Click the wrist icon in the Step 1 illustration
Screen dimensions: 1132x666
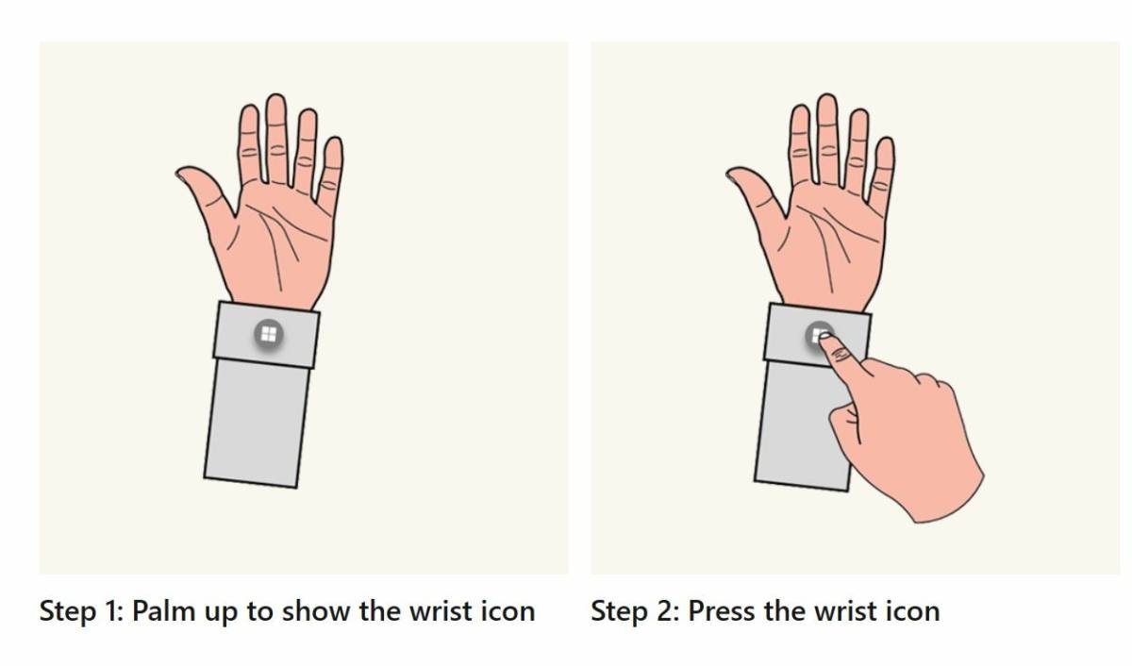click(x=268, y=334)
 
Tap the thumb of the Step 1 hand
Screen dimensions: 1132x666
click(x=205, y=194)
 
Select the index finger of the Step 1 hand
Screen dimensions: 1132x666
click(x=250, y=144)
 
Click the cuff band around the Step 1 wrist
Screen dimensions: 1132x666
click(x=266, y=335)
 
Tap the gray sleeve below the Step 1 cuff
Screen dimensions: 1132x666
click(x=257, y=424)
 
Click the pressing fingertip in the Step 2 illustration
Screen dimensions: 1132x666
click(x=824, y=337)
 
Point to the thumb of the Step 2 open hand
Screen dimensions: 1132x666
click(x=756, y=194)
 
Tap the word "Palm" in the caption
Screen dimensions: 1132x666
click(x=164, y=610)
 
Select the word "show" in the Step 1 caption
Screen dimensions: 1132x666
click(x=316, y=610)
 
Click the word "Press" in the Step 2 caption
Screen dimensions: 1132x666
click(x=723, y=610)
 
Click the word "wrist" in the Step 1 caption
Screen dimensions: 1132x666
click(x=441, y=610)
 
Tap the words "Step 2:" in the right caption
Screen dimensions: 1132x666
click(x=634, y=611)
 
